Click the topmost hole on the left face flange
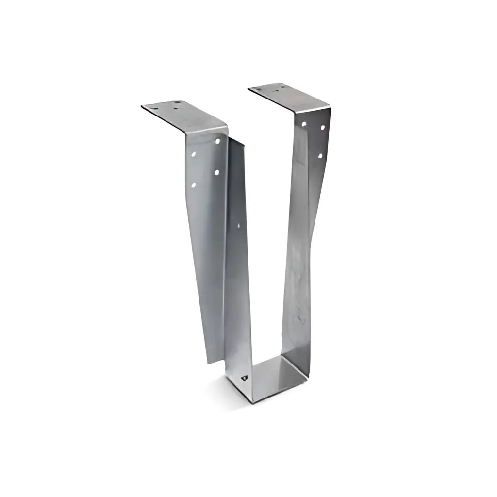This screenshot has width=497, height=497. coord(217,141)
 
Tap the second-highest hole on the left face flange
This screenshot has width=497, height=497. coord(194,155)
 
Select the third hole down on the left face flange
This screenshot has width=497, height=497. coord(216,172)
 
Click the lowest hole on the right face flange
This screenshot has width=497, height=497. coord(320,155)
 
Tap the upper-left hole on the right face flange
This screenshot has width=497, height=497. coord(304,124)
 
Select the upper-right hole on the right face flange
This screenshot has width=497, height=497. coord(322,127)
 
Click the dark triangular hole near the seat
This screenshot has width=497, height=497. coord(244,377)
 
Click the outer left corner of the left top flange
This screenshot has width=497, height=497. coord(142,107)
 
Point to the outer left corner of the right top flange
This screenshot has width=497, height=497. coord(248,89)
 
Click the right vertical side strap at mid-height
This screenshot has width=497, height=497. coord(297,243)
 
